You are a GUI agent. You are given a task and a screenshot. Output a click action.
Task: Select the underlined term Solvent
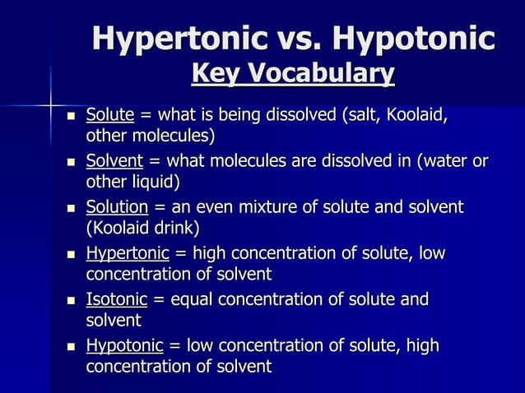tap(115, 160)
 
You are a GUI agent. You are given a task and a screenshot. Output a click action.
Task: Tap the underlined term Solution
tap(117, 207)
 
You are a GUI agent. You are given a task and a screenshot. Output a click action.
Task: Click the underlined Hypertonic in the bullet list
tap(128, 253)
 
